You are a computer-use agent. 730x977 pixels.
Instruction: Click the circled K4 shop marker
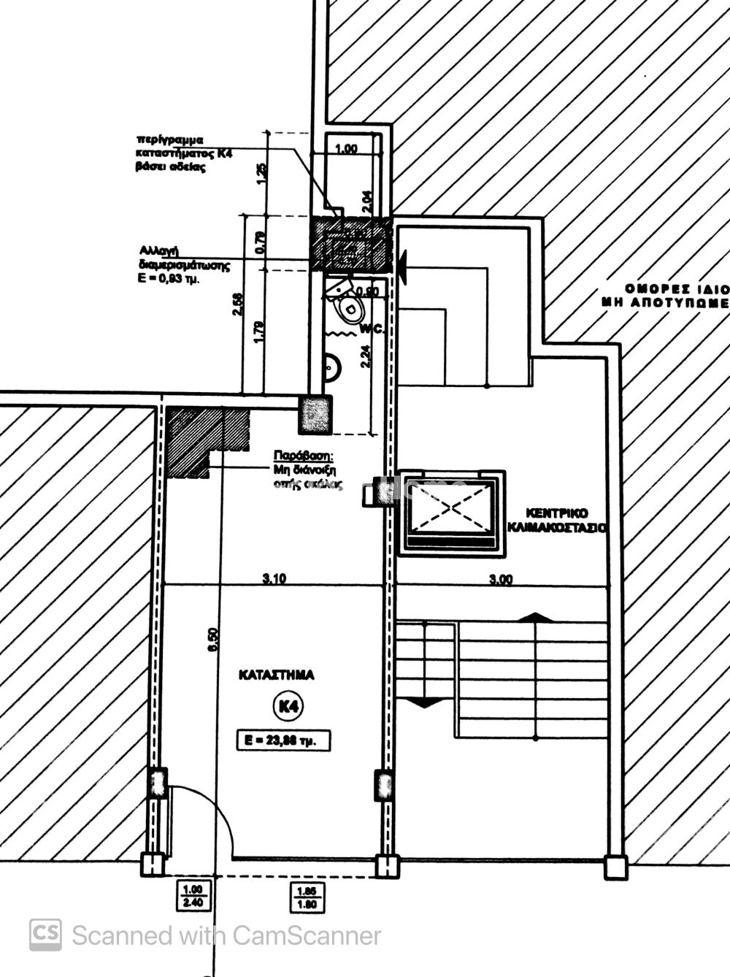tap(287, 706)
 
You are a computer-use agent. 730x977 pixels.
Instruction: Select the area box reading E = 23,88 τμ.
tap(283, 740)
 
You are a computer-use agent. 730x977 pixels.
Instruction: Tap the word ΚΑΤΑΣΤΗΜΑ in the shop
tap(277, 675)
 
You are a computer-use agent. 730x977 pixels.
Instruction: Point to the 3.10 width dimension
tap(274, 579)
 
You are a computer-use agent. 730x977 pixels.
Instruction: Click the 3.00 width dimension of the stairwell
tap(501, 580)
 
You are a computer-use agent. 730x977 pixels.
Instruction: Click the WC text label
tap(371, 329)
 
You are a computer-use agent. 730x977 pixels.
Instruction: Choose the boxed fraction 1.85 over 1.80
tap(307, 896)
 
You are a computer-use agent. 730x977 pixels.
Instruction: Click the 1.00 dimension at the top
tap(346, 149)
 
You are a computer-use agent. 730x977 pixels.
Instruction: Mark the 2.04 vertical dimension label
tap(367, 197)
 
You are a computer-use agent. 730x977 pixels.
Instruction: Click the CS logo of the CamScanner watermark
tap(45, 935)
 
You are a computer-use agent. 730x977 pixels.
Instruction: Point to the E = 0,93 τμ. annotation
tap(169, 278)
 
